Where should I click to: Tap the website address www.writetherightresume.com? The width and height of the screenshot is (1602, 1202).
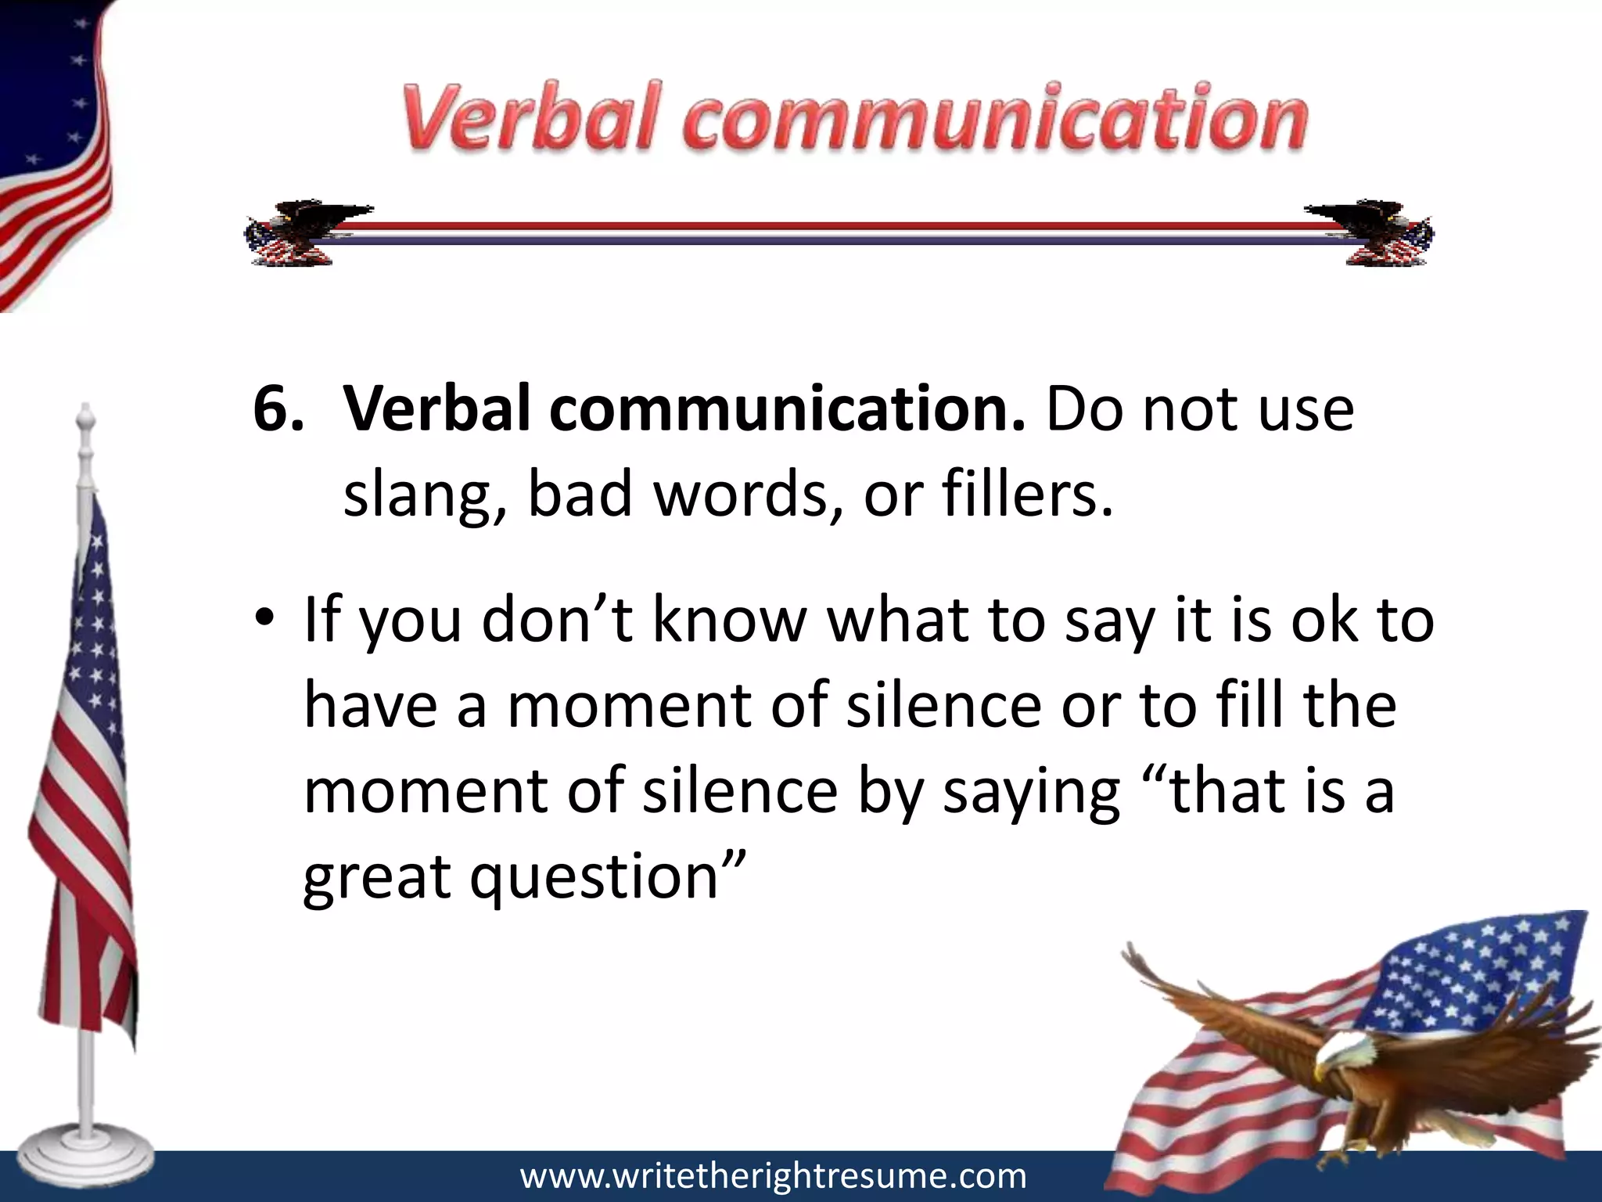point(773,1176)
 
